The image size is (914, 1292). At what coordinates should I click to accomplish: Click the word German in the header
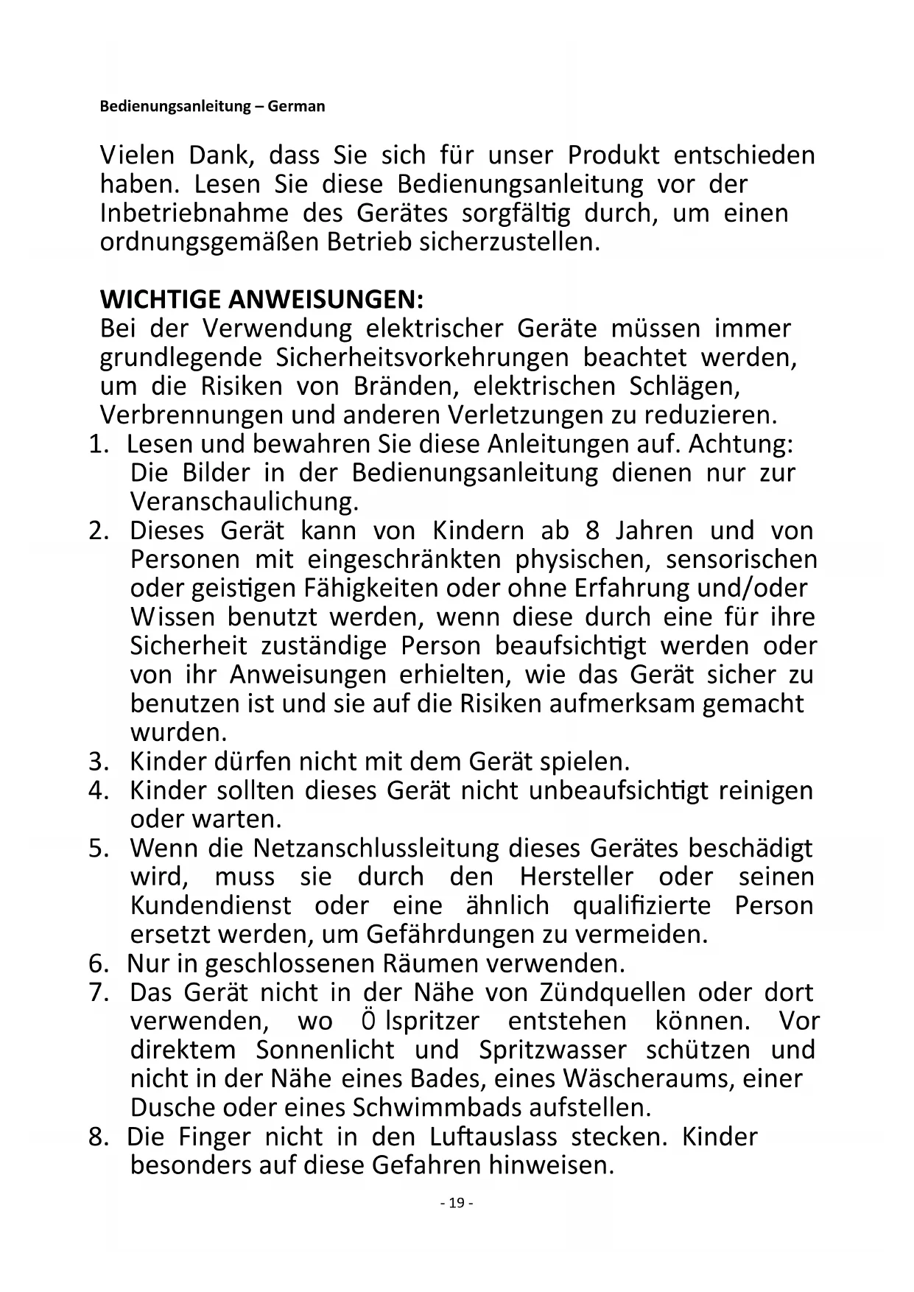pyautogui.click(x=296, y=106)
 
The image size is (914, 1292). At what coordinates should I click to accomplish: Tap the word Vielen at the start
pyautogui.click(x=137, y=155)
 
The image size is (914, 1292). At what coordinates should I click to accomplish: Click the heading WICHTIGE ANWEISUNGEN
pyautogui.click(x=261, y=300)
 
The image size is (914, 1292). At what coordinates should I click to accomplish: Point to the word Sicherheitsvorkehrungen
pyautogui.click(x=422, y=357)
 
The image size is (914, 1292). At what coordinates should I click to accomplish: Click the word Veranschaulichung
pyautogui.click(x=244, y=502)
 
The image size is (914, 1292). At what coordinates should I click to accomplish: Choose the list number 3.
pyautogui.click(x=99, y=761)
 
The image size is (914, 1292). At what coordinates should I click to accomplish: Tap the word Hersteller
pyautogui.click(x=576, y=877)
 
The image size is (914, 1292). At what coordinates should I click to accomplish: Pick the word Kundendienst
pyautogui.click(x=211, y=905)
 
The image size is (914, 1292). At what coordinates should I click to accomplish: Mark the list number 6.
pyautogui.click(x=99, y=963)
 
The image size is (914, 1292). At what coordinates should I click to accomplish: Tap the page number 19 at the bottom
pyautogui.click(x=457, y=1203)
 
